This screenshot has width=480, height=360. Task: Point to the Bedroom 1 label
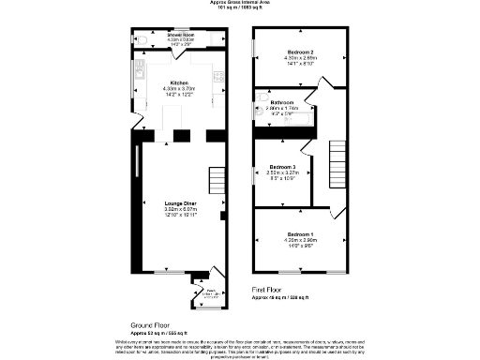[x=301, y=232]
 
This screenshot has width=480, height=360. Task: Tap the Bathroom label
[x=284, y=102]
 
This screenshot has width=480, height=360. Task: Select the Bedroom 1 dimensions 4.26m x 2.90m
[x=301, y=239]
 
